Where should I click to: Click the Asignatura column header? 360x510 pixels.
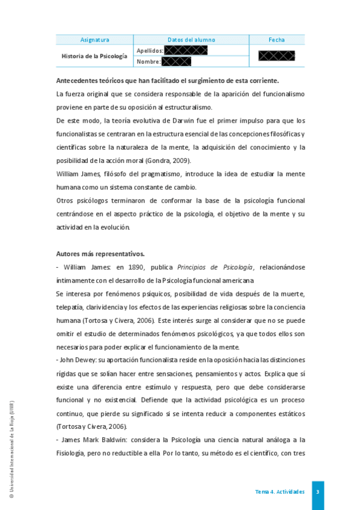point(94,40)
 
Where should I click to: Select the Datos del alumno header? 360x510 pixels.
point(191,40)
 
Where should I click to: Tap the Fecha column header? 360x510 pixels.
point(276,40)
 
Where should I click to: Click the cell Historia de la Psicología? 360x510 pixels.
point(94,56)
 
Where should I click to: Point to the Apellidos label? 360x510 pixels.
point(150,51)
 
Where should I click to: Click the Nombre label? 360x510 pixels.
point(148,61)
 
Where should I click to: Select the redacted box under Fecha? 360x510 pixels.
point(276,56)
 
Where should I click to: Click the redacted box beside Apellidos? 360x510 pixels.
point(186,51)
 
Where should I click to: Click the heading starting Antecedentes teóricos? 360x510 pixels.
point(167,80)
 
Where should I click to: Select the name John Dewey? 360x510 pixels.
point(76,360)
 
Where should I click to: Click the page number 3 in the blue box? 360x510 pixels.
point(317,492)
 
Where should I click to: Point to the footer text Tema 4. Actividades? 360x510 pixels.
point(279,492)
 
